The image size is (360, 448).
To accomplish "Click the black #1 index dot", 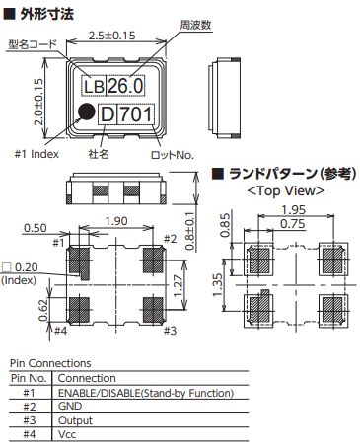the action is [87, 112].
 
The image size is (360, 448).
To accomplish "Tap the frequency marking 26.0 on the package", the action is [125, 86].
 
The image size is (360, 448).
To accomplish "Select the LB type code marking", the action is [94, 87].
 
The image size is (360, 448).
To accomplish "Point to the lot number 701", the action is [136, 114].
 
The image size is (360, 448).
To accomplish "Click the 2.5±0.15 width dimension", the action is [112, 36].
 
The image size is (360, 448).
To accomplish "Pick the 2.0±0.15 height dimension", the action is [38, 102].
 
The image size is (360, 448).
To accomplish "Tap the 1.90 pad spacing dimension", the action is [116, 221].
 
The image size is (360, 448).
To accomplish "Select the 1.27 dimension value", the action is [178, 286].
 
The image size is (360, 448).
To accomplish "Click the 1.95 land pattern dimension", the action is [294, 209].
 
